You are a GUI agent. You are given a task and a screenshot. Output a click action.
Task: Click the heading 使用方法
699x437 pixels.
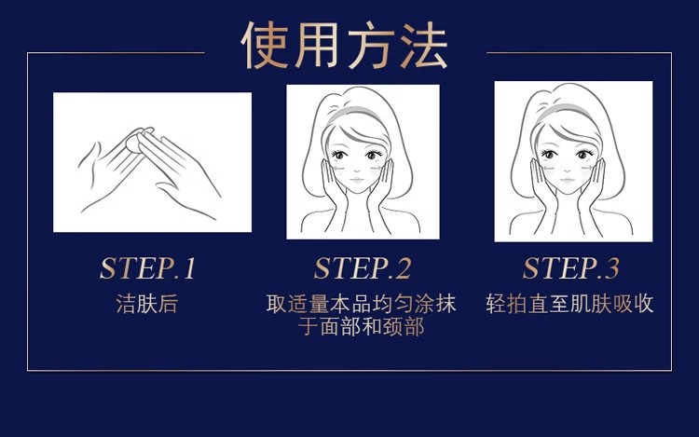(x=346, y=44)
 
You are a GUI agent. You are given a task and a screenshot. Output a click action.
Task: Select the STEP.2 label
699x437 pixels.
(x=362, y=268)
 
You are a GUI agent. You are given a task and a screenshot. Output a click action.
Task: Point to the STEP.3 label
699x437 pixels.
(x=570, y=268)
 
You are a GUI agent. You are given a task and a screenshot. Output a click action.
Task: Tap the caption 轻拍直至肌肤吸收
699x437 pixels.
(x=569, y=305)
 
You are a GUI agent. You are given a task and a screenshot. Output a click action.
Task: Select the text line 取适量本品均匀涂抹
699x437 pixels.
(x=362, y=305)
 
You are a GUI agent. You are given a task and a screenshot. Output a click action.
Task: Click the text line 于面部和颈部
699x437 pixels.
(x=362, y=328)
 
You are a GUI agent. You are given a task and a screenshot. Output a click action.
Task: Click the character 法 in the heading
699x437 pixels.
(x=422, y=44)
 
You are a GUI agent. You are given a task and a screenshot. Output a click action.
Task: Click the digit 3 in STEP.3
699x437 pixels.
(x=610, y=268)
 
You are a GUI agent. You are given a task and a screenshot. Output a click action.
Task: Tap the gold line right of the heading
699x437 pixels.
(x=578, y=53)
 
